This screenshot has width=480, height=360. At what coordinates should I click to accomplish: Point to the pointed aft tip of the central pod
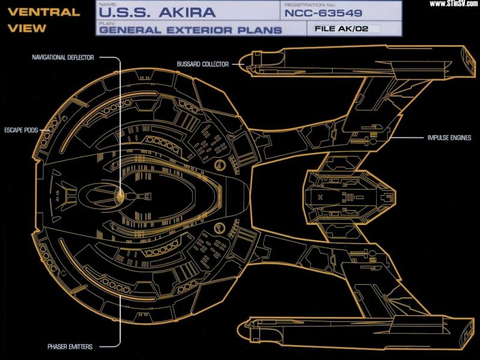coord(396,196)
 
